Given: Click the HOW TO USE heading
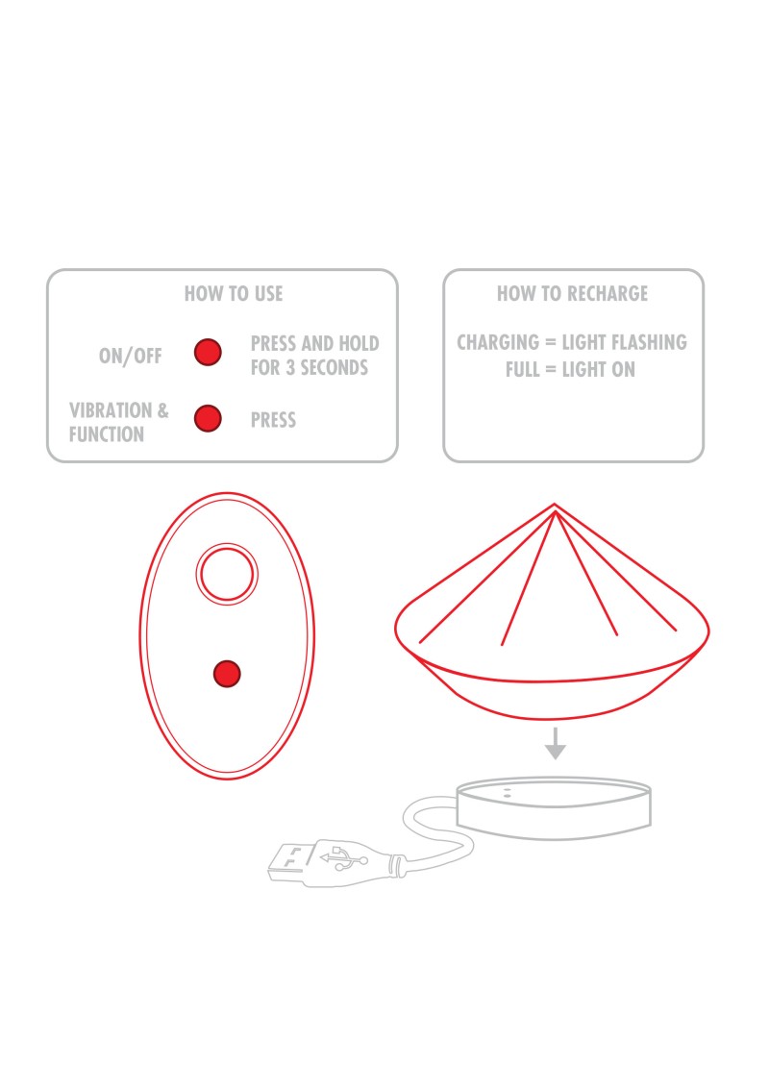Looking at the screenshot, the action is click(234, 294).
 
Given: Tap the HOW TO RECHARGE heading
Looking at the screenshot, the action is click(572, 294).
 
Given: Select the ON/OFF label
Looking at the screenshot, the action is click(131, 356).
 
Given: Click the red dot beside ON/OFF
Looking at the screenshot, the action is click(208, 352).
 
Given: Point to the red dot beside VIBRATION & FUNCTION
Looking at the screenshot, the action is click(208, 419).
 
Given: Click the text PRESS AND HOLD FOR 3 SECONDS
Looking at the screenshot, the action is click(314, 356).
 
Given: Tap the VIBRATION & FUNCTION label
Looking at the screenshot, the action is click(119, 422).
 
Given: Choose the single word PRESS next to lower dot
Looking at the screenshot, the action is click(273, 420).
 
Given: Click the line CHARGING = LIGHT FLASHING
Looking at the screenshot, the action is click(572, 342).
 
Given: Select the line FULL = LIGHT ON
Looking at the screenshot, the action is click(570, 369).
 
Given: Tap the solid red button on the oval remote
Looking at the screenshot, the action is click(227, 674).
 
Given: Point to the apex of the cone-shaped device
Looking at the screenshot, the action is click(555, 505).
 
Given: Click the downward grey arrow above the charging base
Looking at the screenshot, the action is click(555, 744).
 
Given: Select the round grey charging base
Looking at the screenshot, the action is click(554, 808).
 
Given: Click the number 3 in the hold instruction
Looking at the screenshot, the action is click(290, 367).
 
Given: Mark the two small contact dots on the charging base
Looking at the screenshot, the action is click(508, 792).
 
